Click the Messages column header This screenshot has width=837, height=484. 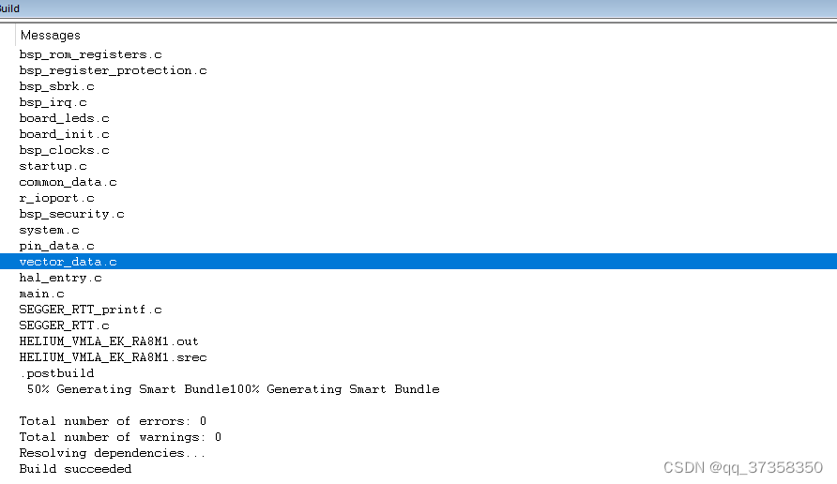[51, 36]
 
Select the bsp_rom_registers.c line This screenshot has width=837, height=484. [90, 54]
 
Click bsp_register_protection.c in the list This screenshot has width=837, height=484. [113, 70]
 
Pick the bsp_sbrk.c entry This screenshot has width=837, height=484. [56, 86]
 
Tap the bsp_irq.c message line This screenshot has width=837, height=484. [53, 102]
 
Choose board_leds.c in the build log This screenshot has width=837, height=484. [64, 118]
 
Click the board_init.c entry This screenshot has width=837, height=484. [64, 134]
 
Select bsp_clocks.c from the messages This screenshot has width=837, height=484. [64, 150]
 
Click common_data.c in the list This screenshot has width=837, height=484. [68, 182]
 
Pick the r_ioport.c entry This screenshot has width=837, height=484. [56, 198]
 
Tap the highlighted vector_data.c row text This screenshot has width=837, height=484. [68, 262]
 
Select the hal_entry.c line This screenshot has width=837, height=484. [60, 278]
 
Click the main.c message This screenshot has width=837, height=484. [41, 294]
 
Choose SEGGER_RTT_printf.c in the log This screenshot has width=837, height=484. [90, 310]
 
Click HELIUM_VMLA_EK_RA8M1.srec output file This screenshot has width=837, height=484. [113, 357]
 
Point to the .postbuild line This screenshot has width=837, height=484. [56, 373]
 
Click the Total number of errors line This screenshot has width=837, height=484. [113, 421]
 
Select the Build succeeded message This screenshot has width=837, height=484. [75, 469]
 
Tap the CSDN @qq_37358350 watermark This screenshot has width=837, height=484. [742, 467]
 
